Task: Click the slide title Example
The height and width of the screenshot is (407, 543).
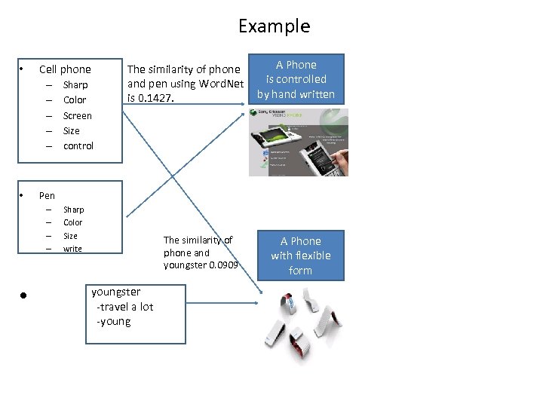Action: [274, 26]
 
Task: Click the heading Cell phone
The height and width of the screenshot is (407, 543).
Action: [65, 69]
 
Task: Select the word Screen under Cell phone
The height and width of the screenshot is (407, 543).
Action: [77, 115]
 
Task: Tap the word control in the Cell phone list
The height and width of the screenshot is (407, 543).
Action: [78, 145]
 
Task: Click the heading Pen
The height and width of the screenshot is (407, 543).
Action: [47, 195]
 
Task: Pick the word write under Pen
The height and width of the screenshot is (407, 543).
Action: [72, 249]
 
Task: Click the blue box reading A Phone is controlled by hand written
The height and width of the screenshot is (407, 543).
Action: [296, 79]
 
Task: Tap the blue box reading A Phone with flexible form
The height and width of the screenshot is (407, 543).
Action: [300, 256]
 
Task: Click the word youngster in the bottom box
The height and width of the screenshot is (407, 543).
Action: [115, 292]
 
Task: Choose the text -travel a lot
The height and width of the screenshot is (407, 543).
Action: [124, 307]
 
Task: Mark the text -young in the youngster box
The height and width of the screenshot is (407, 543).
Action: [113, 322]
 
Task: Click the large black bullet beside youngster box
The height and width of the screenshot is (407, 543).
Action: [24, 296]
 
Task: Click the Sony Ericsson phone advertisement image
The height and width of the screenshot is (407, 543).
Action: [299, 142]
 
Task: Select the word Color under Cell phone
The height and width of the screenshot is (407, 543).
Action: [75, 100]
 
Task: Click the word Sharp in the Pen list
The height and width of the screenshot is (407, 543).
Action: [73, 210]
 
